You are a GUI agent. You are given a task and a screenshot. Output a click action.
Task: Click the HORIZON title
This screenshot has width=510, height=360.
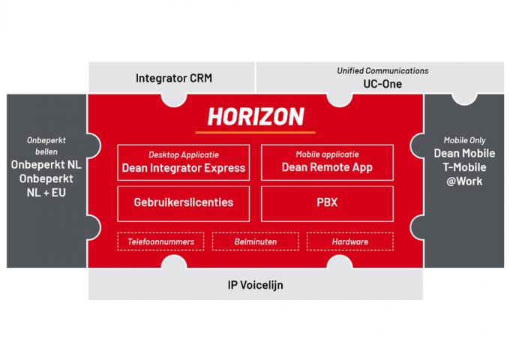point(255,116)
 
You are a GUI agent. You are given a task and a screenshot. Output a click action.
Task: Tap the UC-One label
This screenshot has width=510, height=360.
point(382,84)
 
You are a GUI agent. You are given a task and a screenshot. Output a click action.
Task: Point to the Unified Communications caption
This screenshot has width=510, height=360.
point(382,70)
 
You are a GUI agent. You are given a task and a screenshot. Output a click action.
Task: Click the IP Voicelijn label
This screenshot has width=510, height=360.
point(255,285)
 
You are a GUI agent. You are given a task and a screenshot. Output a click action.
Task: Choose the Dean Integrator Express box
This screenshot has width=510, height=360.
point(183,163)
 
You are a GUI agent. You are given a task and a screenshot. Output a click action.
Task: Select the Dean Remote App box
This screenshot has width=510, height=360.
point(327,163)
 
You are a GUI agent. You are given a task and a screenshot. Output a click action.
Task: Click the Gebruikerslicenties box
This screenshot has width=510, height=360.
point(183,202)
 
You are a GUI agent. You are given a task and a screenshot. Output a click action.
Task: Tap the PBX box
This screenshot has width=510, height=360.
point(327,202)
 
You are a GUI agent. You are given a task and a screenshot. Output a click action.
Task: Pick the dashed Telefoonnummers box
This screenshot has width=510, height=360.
point(160,241)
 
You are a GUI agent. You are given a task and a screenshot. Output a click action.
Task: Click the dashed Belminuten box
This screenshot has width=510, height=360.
point(255,241)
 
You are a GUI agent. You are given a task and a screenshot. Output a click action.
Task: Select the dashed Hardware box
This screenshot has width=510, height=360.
point(349,241)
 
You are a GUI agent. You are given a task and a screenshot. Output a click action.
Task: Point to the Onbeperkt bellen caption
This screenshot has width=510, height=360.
point(46,145)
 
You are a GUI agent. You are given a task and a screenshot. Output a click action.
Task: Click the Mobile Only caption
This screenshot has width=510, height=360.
point(465,139)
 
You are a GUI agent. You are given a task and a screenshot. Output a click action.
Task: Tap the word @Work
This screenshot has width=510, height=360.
point(465,181)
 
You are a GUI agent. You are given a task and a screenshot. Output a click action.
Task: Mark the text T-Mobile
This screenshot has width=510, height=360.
point(465,167)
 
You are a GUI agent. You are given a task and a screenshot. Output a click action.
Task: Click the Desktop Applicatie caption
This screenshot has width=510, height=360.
point(183,154)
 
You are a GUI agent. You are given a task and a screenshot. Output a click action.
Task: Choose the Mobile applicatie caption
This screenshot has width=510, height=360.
point(327,154)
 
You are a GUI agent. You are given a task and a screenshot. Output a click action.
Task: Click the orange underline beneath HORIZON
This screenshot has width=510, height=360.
point(255,131)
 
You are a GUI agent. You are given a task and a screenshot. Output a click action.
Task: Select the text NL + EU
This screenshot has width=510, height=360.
point(46,193)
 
